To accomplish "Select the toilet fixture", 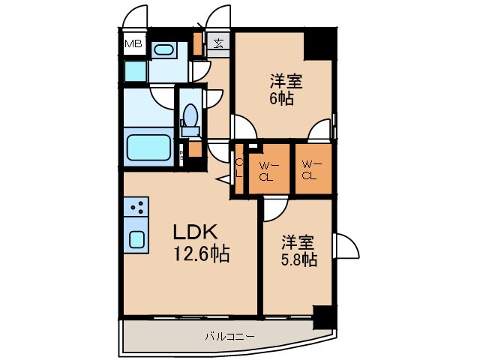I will pos(190,118).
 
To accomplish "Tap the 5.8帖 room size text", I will pos(299,260).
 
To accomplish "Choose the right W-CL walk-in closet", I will pos(311,170).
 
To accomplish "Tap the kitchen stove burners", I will pos(137,206).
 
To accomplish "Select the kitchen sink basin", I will pos(138,239).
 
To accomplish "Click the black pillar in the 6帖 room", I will pos(319,44).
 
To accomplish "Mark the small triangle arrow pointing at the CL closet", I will pos(223,179).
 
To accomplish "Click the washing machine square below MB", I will pos(136,71).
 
